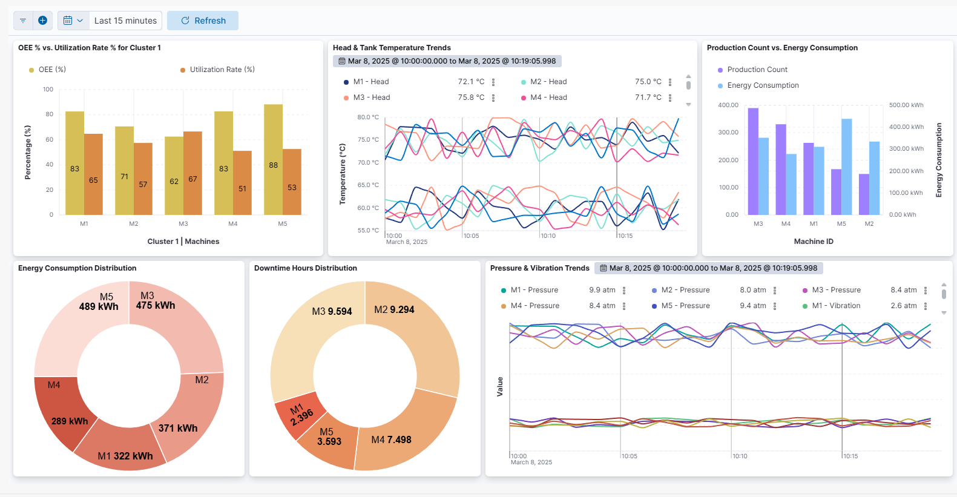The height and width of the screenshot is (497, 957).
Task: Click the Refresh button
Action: (203, 21)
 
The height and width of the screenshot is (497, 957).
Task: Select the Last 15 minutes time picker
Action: (125, 21)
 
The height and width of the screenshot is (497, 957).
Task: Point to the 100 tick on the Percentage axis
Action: (48, 90)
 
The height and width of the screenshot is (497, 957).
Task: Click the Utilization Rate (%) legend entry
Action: (222, 70)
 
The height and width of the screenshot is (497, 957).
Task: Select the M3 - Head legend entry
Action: (371, 97)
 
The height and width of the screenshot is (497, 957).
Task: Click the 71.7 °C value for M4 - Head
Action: (648, 97)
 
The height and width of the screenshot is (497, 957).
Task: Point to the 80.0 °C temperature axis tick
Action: (368, 117)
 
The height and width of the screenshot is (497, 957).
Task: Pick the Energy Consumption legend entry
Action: (763, 85)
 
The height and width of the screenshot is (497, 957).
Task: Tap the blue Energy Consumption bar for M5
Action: (846, 166)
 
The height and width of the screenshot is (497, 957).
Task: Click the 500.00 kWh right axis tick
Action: (906, 105)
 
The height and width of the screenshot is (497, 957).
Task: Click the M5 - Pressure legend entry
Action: (685, 306)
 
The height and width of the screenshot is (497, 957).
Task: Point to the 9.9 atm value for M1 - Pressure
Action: (602, 290)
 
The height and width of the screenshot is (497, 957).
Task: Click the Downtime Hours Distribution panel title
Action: (306, 268)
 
